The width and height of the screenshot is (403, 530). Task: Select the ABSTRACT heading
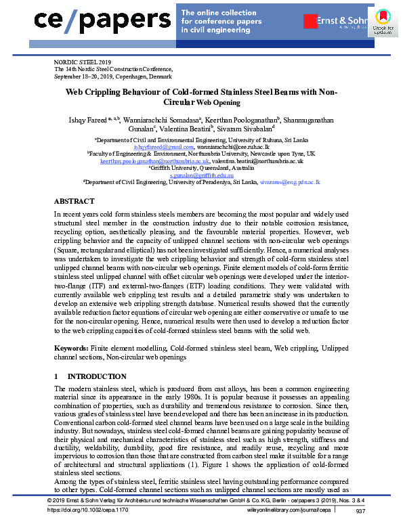point(75,201)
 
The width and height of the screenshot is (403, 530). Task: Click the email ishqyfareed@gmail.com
point(163,146)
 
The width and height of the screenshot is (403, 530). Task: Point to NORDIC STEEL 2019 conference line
point(81,62)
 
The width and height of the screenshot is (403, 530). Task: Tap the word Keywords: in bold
point(71,347)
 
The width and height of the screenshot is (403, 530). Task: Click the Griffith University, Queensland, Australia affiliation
point(200,169)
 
